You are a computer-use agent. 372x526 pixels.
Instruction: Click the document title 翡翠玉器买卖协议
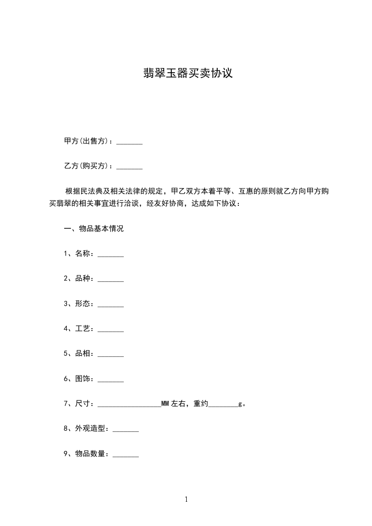[188, 74]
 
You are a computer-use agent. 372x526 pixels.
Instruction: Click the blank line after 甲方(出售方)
[129, 142]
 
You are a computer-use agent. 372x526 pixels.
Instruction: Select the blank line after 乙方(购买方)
[129, 167]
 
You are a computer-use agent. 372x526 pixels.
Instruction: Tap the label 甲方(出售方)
[88, 141]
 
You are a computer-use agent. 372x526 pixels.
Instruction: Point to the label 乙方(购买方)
[88, 166]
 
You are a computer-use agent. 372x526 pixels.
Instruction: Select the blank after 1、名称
[111, 255]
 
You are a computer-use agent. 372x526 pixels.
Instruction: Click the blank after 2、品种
[111, 280]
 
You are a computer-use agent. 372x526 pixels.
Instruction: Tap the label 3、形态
[79, 304]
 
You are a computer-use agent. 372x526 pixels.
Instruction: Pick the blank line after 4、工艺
[111, 331]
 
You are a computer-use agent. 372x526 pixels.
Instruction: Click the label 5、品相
[79, 354]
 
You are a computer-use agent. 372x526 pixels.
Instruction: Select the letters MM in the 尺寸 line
[165, 404]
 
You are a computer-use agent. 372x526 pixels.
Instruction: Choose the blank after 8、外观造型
[126, 430]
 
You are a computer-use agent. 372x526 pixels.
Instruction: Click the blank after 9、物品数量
[126, 456]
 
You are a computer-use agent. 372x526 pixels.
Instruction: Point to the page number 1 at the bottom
[186, 499]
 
